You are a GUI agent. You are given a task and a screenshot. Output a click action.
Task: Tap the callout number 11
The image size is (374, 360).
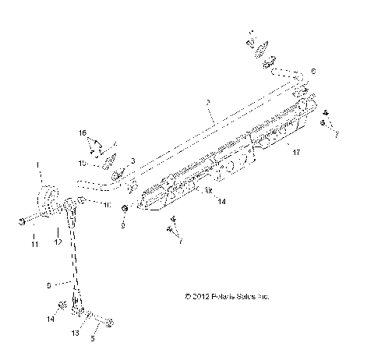[x=34, y=245]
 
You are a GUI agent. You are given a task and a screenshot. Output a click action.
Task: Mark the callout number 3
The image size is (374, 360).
[x=133, y=161]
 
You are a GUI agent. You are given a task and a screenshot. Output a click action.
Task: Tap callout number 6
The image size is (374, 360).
[x=313, y=71]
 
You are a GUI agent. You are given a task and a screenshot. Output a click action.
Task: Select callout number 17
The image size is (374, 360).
[x=295, y=154]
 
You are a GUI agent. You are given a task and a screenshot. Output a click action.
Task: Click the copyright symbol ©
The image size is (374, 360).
[x=187, y=296]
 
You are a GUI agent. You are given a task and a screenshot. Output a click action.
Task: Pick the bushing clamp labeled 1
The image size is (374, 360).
[x=48, y=199]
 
